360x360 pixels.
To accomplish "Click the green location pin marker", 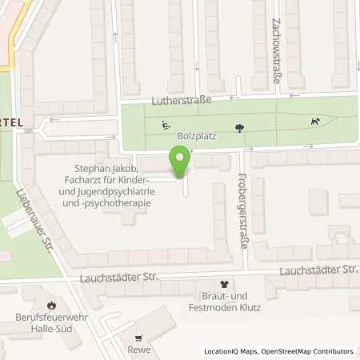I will (180, 163).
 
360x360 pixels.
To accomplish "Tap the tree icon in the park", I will (239, 126).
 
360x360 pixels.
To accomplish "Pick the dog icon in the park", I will (316, 122).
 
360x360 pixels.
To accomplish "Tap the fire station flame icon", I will (52, 305).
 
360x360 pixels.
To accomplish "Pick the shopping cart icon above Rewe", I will (138, 338).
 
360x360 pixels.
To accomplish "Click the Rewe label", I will (138, 350).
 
